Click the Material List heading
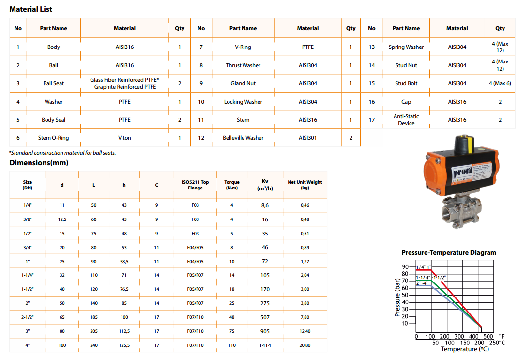[31, 9]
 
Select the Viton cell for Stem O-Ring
[124, 138]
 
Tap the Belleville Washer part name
[243, 138]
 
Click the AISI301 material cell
[308, 138]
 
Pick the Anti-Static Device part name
[406, 120]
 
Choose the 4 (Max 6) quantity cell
[500, 83]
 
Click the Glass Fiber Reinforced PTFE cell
[124, 83]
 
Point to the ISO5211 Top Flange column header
[195, 185]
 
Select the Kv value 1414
[265, 345]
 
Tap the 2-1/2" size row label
[27, 317]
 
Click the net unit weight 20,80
[305, 345]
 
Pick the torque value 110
[232, 345]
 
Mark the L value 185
[94, 317]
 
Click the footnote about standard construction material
[62, 153]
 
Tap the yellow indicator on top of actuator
[464, 140]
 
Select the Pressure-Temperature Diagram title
[449, 252]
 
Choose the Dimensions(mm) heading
[39, 163]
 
